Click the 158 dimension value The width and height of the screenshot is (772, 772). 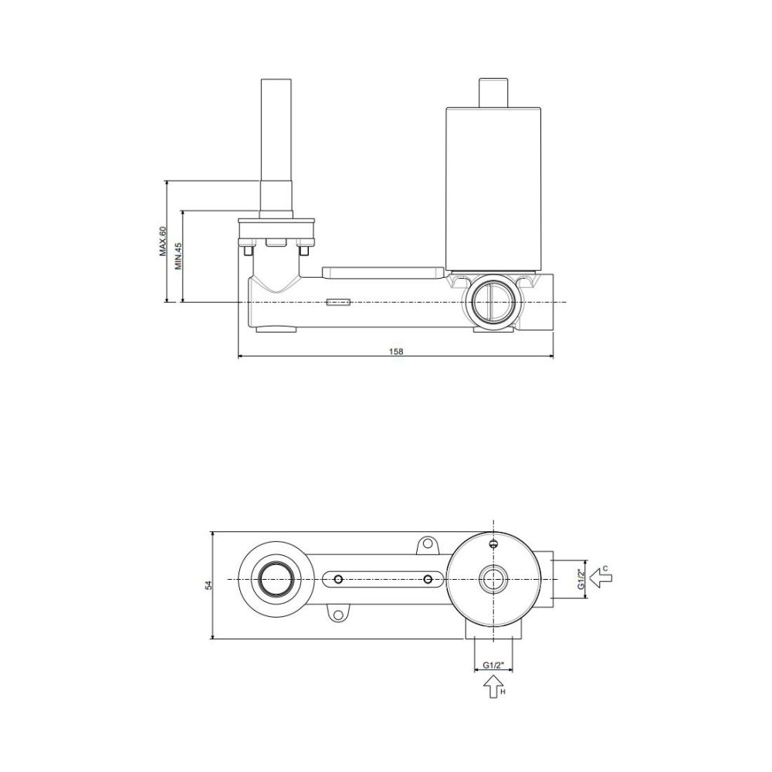point(396,351)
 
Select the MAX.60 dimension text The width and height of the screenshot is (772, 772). point(163,241)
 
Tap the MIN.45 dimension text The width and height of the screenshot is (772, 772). point(178,256)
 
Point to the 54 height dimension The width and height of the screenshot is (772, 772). point(208,585)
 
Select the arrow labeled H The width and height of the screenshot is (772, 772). point(493,686)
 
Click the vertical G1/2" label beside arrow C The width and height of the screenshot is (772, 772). point(581,580)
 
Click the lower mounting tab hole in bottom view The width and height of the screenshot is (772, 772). point(338,615)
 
